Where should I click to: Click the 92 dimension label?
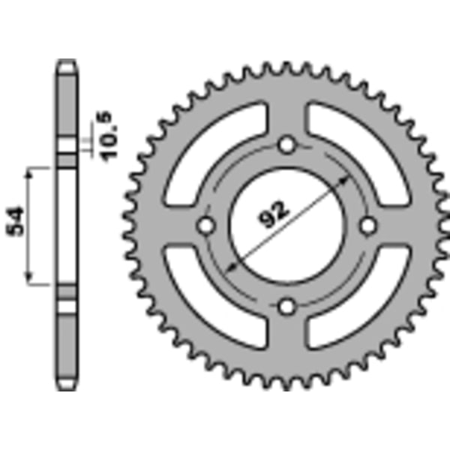(273, 214)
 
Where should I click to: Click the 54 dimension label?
(15, 220)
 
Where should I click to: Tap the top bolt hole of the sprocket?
(286, 145)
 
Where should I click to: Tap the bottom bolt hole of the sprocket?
(286, 307)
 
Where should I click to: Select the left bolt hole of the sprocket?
(206, 226)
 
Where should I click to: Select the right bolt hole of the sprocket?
(368, 226)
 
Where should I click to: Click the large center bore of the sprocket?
(286, 226)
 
